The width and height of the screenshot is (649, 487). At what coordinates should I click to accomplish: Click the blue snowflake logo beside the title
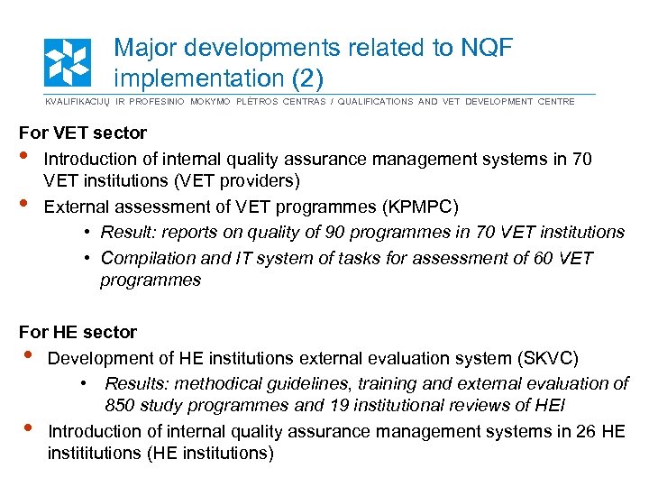pos(68,62)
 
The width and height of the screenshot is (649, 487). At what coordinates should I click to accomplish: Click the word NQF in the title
pos(480,49)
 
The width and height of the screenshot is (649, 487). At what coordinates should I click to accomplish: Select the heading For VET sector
pos(83,133)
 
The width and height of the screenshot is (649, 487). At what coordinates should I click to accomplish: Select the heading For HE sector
pos(78,332)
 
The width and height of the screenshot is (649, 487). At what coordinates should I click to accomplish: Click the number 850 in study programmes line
pos(122,405)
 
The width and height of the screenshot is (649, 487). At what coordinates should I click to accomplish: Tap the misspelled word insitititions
pos(93,453)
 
